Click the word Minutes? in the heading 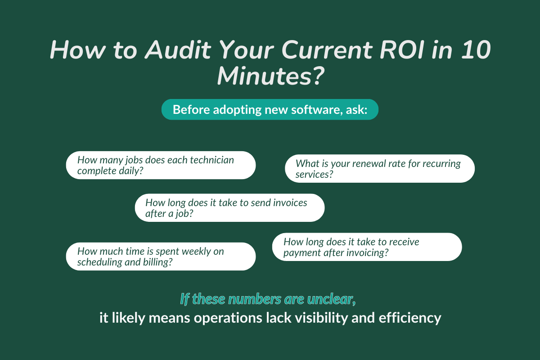tap(270, 76)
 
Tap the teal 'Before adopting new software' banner tap(270, 110)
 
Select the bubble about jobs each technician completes tap(161, 165)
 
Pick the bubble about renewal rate tap(380, 168)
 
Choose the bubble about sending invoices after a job tap(229, 207)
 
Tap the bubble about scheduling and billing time tap(161, 256)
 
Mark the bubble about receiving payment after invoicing tap(367, 247)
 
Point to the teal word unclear tap(334, 298)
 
